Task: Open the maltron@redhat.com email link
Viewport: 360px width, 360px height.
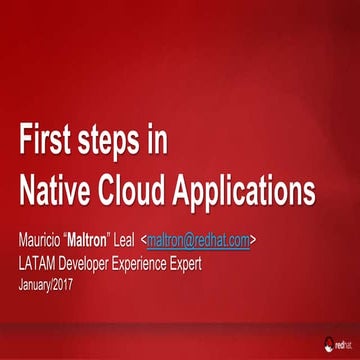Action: pos(199,240)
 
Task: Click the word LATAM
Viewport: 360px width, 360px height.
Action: pos(39,264)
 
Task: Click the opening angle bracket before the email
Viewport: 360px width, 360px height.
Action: pos(144,241)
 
